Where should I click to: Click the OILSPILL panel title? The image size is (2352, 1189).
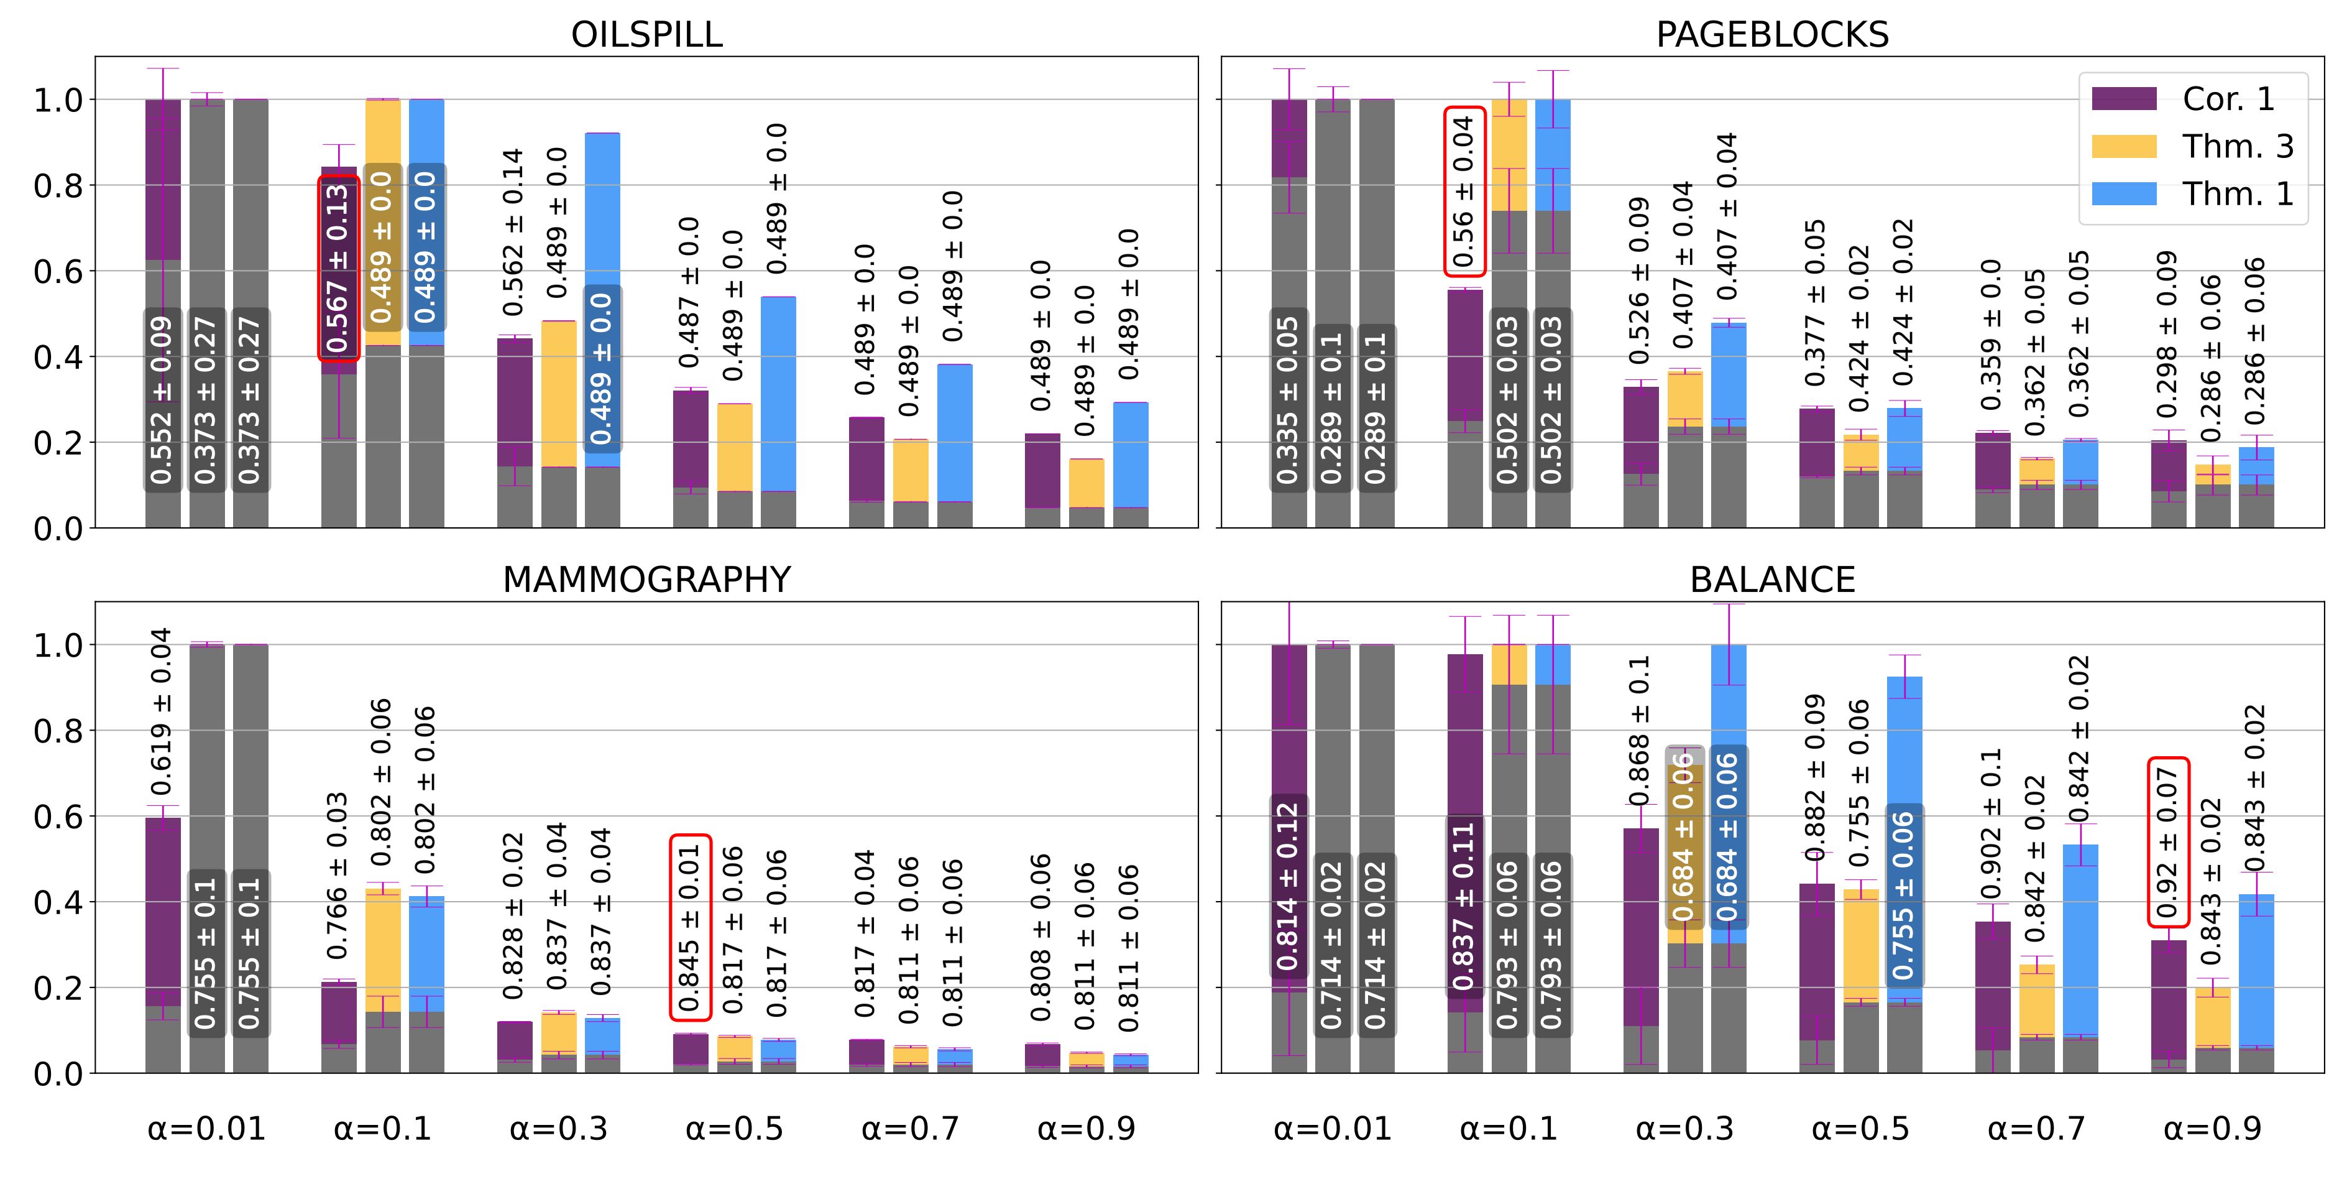pos(646,35)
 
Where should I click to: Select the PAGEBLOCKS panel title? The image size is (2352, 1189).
pos(1772,35)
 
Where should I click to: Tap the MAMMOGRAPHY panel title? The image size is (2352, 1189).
pos(646,580)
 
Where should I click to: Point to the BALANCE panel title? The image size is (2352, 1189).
pos(1772,580)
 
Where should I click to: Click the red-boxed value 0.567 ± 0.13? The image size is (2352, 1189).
pos(338,267)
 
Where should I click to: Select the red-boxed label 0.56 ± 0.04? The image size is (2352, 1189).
pos(1464,191)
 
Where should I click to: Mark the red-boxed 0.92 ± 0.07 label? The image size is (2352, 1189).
pos(2167,842)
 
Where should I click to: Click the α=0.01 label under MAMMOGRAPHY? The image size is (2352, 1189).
pos(206,1129)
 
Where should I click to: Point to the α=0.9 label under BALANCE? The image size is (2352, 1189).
pos(2212,1129)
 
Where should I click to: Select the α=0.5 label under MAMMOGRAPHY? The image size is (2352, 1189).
pos(734,1129)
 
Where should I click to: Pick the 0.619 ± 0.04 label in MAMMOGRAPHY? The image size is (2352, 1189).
pos(162,711)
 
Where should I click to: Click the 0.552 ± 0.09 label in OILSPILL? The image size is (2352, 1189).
pos(162,400)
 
